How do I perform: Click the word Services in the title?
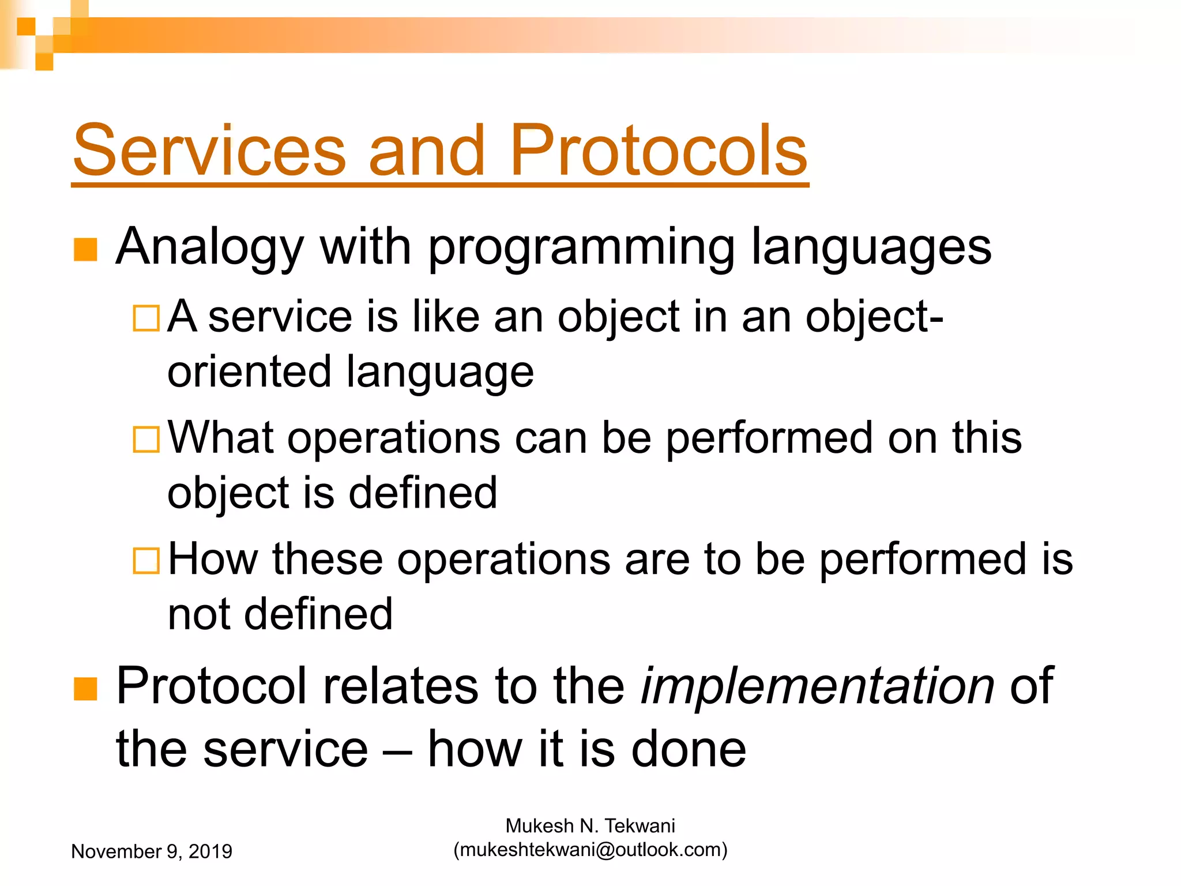(x=209, y=151)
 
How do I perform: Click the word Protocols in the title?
(x=658, y=151)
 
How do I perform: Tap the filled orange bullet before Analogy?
(x=85, y=250)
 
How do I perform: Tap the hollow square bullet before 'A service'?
(x=146, y=318)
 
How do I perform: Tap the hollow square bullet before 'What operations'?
(x=146, y=440)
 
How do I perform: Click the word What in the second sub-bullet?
(x=220, y=438)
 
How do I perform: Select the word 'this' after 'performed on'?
(x=987, y=438)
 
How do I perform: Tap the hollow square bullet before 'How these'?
(x=146, y=561)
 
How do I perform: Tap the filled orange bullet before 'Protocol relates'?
(x=85, y=689)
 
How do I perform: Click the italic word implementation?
(x=817, y=686)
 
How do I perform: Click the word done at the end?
(x=689, y=749)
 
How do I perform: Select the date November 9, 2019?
(x=151, y=851)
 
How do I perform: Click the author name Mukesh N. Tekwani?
(x=590, y=826)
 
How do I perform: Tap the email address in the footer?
(x=590, y=850)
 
